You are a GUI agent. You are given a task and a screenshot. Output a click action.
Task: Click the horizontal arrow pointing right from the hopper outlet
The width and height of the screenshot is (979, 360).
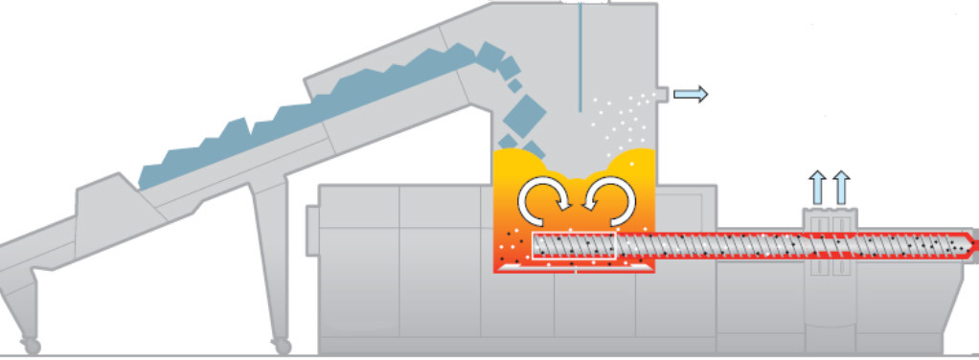coord(691,94)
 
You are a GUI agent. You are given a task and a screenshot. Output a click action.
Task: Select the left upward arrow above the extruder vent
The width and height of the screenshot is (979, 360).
coord(816,187)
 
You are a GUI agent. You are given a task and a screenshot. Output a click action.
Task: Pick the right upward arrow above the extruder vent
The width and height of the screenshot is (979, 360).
coord(840,187)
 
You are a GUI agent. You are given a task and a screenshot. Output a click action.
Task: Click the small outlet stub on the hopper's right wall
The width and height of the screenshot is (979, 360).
coord(661,94)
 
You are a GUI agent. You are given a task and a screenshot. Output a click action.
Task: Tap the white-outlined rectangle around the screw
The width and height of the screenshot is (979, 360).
coord(572,246)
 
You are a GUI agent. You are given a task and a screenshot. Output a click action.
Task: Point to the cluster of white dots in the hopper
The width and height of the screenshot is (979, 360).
coord(613,120)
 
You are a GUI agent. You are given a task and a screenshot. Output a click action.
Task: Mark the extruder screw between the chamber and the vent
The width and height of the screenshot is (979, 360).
coord(709,246)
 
